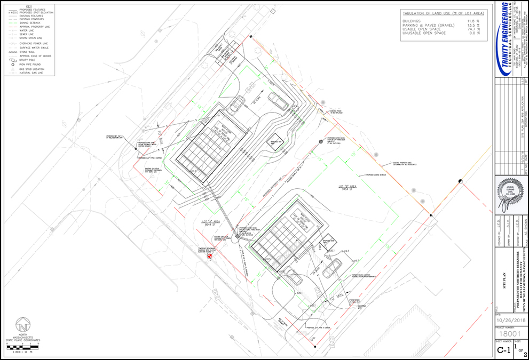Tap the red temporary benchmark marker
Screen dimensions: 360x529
(x=209, y=256)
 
